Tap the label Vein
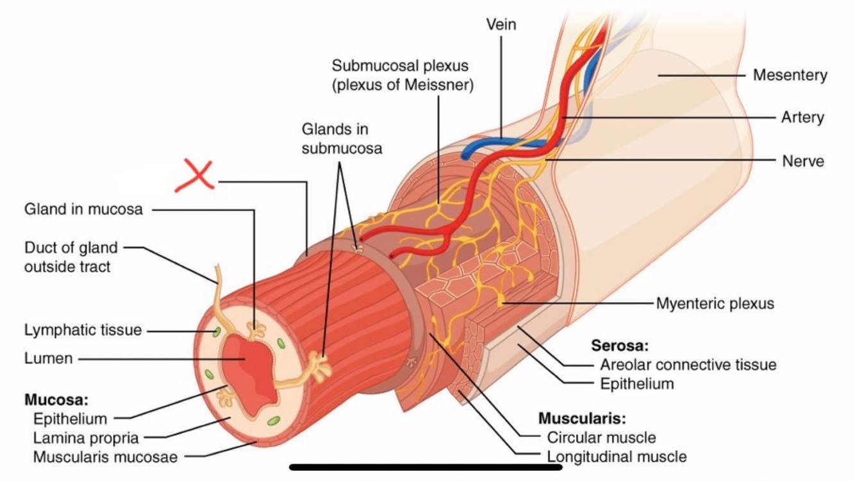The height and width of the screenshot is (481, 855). click(501, 24)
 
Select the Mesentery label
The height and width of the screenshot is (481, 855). click(790, 75)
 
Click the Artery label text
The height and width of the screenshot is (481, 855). click(802, 117)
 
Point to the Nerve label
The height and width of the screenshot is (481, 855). click(802, 160)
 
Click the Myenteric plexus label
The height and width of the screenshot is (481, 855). click(715, 303)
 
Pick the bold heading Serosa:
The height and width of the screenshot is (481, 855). click(620, 346)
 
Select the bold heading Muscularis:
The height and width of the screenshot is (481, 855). click(581, 419)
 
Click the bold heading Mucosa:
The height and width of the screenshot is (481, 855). click(56, 400)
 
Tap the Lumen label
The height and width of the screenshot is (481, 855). click(49, 359)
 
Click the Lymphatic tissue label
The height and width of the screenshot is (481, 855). click(83, 330)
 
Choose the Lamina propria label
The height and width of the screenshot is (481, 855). click(86, 439)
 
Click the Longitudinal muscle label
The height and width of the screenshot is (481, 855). click(617, 457)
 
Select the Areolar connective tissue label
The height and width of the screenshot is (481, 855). click(688, 365)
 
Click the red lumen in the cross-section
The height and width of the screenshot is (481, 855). click(247, 366)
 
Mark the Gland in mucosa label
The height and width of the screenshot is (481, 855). click(83, 209)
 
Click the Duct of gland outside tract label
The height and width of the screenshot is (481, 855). click(71, 257)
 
